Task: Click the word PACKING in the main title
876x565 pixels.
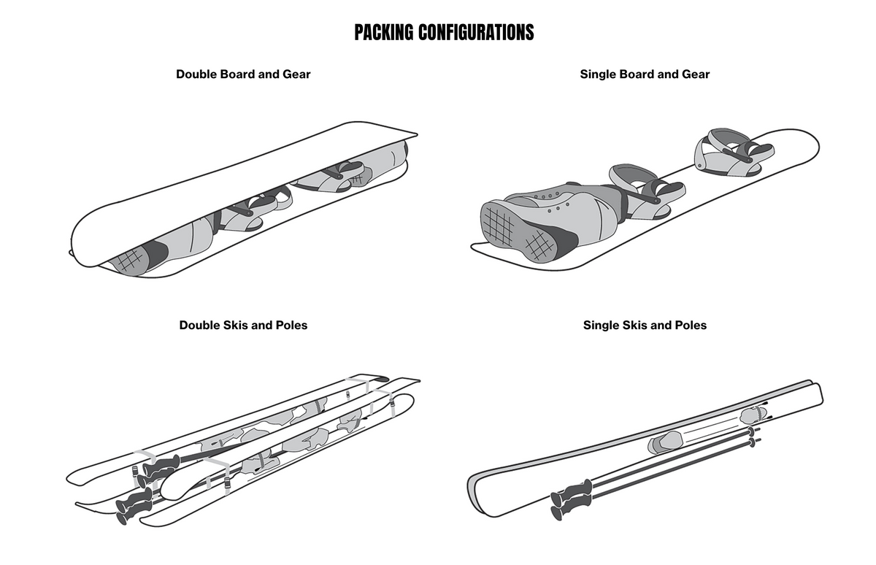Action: click(x=384, y=32)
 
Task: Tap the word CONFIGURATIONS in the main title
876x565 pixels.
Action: click(x=477, y=32)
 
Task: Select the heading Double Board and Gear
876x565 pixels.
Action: click(x=243, y=74)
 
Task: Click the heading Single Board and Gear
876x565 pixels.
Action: click(x=645, y=74)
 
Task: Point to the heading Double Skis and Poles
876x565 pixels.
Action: click(x=243, y=325)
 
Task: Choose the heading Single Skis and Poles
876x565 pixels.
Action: click(x=645, y=325)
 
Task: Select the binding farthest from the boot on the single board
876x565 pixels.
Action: click(x=730, y=149)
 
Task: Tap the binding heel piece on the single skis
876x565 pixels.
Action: click(x=752, y=415)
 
